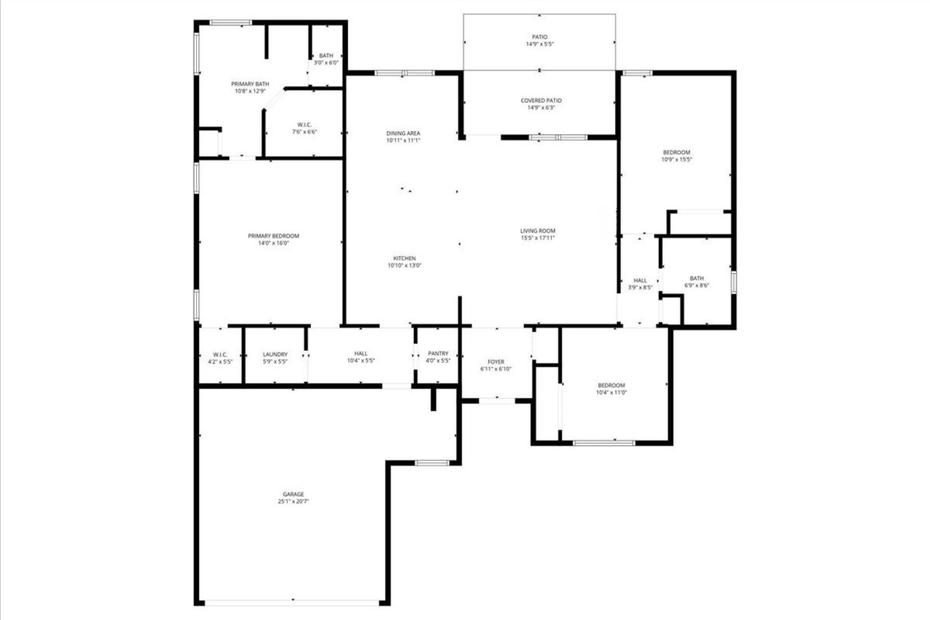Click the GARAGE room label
[x=293, y=494]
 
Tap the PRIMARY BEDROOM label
[x=273, y=236]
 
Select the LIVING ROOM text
[x=538, y=231]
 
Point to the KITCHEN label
[x=404, y=258]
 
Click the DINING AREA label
[x=403, y=133]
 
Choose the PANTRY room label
[x=438, y=353]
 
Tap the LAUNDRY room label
[x=275, y=355]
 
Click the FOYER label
[x=496, y=362]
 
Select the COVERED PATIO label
[x=541, y=100]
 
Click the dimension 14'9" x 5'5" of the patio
[x=539, y=44]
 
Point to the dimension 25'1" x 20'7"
[x=293, y=501]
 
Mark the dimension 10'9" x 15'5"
[x=676, y=160]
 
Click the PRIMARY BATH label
[x=250, y=84]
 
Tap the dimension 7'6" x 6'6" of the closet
[x=304, y=132]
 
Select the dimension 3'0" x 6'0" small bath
[x=326, y=63]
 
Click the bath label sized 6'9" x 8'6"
[x=697, y=278]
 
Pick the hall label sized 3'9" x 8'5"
[x=640, y=280]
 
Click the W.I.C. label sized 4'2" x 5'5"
[x=220, y=355]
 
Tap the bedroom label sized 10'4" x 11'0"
[x=611, y=385]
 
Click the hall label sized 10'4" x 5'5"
[x=361, y=353]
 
